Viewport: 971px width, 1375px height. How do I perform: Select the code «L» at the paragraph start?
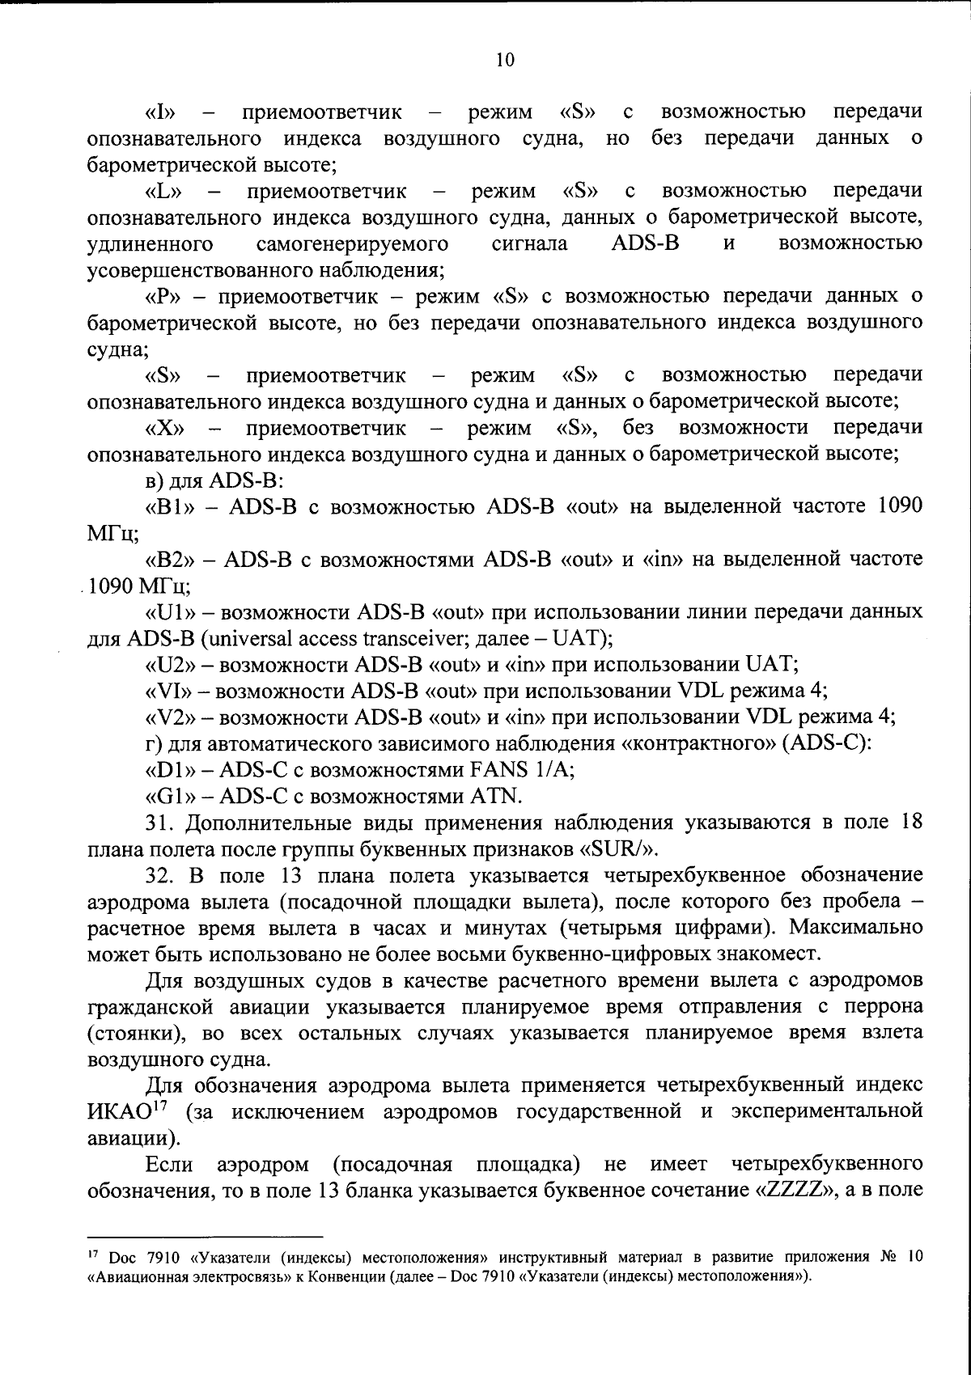pos(164,192)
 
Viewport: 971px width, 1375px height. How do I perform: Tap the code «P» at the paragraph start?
pos(164,296)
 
